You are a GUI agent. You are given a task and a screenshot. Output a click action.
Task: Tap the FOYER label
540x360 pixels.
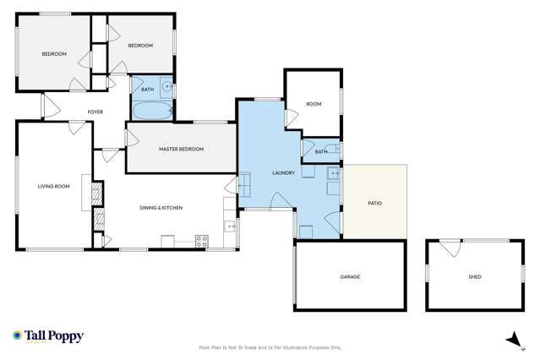click(x=95, y=112)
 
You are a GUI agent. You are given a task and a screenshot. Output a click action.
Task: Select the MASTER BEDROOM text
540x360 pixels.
click(x=181, y=150)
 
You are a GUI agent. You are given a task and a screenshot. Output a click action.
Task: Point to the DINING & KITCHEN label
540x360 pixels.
click(x=161, y=208)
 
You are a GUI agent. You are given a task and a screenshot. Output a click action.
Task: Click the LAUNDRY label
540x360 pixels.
click(x=283, y=173)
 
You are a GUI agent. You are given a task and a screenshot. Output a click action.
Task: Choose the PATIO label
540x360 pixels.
click(x=374, y=203)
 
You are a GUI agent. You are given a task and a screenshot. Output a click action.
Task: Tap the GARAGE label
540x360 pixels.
click(x=350, y=276)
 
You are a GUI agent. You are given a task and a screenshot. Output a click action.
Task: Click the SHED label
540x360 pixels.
click(x=474, y=276)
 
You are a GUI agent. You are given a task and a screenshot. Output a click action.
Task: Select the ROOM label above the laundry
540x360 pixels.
click(x=314, y=104)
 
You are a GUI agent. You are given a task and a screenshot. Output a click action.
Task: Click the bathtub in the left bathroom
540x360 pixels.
click(x=150, y=112)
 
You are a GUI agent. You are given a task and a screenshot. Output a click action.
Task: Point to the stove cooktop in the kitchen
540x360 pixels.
click(x=202, y=241)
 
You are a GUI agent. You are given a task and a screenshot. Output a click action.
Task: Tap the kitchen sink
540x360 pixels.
click(x=230, y=226)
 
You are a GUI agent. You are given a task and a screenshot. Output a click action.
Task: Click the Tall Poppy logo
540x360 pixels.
click(x=48, y=335)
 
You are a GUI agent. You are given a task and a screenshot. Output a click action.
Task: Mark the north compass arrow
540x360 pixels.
click(x=510, y=339)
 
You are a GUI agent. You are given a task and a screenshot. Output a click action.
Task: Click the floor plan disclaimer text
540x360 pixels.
click(x=270, y=347)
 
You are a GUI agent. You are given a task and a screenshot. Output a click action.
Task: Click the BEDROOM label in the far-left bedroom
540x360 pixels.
click(x=54, y=54)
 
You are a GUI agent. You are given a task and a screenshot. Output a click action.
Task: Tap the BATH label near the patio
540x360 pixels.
click(x=320, y=152)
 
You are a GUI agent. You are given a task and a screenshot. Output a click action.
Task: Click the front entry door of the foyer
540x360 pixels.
click(x=50, y=106)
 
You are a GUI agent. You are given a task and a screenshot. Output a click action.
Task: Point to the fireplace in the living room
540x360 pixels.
click(x=87, y=192)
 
